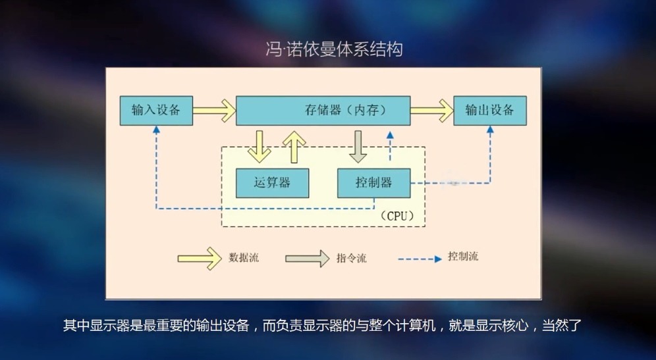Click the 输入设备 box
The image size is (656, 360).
click(x=156, y=110)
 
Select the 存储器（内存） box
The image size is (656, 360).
click(x=323, y=110)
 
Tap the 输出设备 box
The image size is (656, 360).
click(x=490, y=110)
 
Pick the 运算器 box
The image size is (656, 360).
click(x=272, y=183)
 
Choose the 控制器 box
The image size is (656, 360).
click(x=373, y=183)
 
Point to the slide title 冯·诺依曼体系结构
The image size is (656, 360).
click(x=334, y=49)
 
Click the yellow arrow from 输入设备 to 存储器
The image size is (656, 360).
click(x=214, y=110)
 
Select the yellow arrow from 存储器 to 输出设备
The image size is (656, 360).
click(x=432, y=110)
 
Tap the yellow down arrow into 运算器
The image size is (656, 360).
click(x=260, y=146)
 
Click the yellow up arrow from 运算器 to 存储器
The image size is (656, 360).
click(x=294, y=146)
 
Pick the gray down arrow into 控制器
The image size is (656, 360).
click(x=358, y=146)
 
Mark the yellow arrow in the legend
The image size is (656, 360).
click(x=200, y=258)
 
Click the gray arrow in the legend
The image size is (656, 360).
click(x=307, y=258)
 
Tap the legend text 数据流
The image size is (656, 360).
click(x=244, y=258)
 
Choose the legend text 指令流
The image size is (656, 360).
click(x=351, y=258)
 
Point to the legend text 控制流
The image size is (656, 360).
click(x=462, y=257)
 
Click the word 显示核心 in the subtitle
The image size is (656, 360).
click(x=503, y=325)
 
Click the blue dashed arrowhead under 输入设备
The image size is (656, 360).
click(x=156, y=130)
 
